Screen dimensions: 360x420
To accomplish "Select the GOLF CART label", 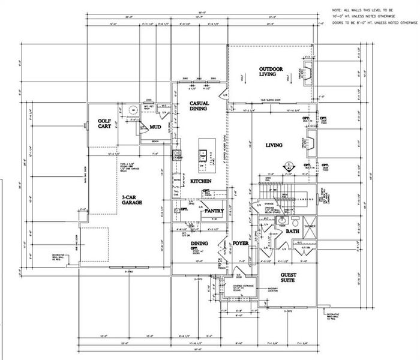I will point(106,124).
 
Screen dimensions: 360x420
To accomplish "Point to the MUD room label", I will point(155,127).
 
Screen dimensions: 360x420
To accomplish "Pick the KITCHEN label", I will point(200,181).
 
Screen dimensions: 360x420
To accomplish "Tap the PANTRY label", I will point(214,211).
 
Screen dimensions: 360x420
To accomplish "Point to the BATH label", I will point(293,230).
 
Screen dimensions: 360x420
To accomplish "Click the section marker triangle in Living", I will point(287,166).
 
